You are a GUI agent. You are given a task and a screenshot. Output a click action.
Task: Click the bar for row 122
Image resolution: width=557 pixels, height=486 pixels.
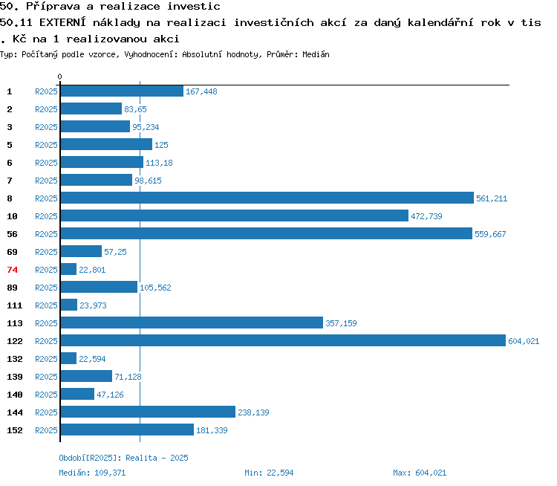tap(283, 340)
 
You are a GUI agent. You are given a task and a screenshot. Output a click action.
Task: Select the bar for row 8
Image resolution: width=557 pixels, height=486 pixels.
tap(267, 198)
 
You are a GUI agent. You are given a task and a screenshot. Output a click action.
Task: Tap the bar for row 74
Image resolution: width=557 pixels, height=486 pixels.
tap(68, 269)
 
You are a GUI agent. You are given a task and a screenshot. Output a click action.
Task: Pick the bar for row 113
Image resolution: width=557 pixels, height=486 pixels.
tap(192, 323)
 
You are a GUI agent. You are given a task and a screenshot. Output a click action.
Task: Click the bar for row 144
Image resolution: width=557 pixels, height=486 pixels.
tap(148, 412)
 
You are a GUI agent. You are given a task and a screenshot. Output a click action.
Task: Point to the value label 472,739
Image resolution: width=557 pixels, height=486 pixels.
tap(426, 216)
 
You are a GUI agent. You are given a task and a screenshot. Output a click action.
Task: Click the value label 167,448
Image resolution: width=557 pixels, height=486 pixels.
tap(201, 91)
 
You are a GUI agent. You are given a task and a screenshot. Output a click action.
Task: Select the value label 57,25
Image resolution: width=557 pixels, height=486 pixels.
tap(115, 252)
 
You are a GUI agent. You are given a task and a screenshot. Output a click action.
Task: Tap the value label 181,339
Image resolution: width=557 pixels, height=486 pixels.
tap(212, 430)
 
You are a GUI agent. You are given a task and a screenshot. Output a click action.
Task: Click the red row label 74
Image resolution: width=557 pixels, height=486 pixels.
tap(12, 270)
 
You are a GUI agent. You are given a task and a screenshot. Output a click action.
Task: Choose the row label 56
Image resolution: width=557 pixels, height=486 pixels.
tap(12, 234)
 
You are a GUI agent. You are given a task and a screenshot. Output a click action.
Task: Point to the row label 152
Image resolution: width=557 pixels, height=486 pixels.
tap(15, 430)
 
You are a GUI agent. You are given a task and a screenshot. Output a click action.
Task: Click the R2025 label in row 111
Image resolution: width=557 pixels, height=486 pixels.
tap(46, 305)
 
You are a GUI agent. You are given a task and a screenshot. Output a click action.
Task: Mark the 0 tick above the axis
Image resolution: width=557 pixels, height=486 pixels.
tap(59, 77)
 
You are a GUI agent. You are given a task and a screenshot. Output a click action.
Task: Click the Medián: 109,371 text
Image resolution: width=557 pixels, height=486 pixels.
tap(92, 473)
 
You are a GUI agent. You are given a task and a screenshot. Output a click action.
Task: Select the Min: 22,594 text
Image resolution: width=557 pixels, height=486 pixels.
tap(269, 473)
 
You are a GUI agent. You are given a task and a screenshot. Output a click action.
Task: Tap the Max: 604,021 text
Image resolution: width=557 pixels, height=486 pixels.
tap(420, 473)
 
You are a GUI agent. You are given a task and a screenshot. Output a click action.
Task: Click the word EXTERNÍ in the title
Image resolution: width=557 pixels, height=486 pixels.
tap(62, 22)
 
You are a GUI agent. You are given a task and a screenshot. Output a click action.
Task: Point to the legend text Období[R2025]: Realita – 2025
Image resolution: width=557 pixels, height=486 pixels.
tap(123, 458)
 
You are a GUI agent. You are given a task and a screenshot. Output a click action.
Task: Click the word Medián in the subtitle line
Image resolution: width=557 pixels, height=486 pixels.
tap(316, 54)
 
